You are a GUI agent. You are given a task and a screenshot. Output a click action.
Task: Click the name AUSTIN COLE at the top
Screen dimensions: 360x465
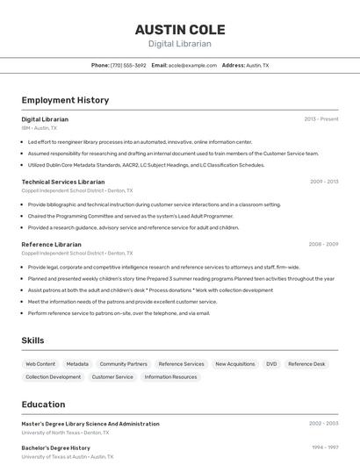[179, 29]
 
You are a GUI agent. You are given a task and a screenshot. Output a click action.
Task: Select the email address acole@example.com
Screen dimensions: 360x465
[192, 65]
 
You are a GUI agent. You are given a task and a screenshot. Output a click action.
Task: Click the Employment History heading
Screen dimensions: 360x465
[65, 100]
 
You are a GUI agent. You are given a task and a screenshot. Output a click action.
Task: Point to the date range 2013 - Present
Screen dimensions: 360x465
[320, 118]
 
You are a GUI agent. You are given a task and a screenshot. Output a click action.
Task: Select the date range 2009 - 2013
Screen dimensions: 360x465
[323, 182]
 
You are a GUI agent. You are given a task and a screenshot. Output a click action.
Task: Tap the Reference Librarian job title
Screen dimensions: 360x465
[51, 244]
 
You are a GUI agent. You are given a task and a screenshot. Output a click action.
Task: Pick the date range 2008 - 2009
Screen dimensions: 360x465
[323, 244]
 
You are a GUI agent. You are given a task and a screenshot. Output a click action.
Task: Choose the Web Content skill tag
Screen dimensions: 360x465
[40, 363]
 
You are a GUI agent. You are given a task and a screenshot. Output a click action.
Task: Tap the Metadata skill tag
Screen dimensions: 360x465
[77, 363]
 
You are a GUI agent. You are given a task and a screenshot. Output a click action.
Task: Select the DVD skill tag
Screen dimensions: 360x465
[271, 363]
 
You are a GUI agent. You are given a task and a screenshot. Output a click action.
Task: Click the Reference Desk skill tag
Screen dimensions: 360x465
[306, 363]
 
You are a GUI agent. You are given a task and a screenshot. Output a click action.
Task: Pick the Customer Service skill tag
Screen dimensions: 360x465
[112, 376]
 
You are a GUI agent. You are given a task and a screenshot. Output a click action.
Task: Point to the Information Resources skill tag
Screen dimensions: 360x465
[170, 376]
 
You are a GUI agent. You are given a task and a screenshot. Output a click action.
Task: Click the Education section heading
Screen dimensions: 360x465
[43, 404]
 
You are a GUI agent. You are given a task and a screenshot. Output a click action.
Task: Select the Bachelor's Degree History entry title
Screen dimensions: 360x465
[55, 447]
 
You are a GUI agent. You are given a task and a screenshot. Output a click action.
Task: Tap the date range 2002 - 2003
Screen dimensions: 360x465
[323, 423]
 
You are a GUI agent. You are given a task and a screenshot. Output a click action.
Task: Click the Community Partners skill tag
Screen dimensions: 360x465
[123, 363]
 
